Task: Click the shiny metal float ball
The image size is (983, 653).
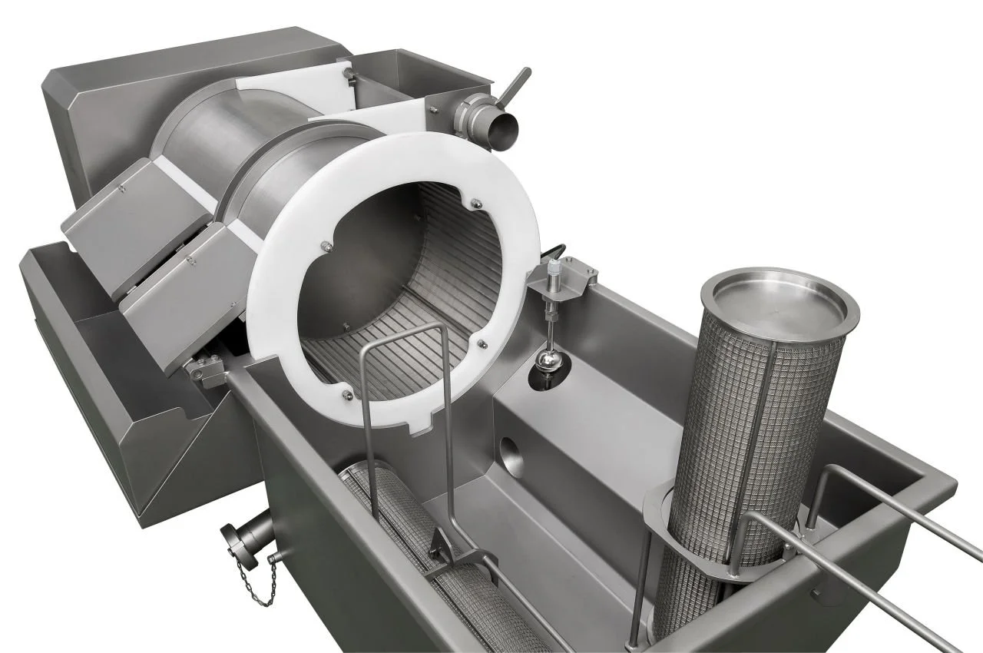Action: pos(549,362)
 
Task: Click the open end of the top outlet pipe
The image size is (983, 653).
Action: pos(503,131)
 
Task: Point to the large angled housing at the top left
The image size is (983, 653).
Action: pos(138,100)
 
